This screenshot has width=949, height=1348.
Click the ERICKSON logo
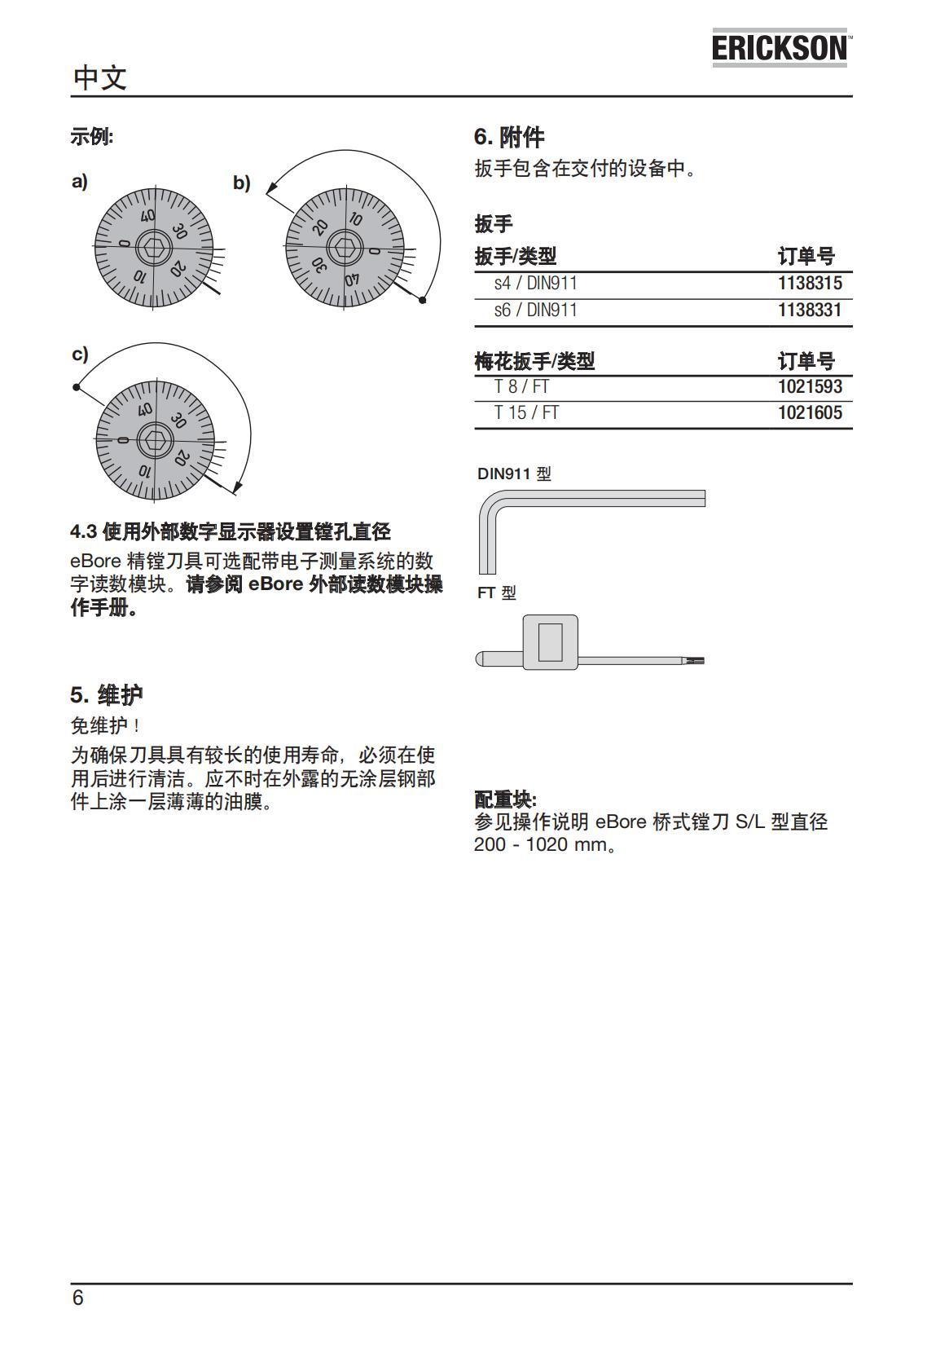(x=780, y=49)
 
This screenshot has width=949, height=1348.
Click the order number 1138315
(x=809, y=284)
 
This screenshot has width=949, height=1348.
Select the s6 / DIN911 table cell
(x=535, y=311)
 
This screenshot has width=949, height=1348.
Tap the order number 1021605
(x=809, y=413)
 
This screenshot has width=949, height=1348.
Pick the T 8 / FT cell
(x=521, y=386)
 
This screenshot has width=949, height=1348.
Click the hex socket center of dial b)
(x=345, y=249)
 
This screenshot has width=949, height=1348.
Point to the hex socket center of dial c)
(x=154, y=440)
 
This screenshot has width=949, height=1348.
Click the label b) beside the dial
(x=241, y=183)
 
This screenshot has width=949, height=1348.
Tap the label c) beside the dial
(x=80, y=355)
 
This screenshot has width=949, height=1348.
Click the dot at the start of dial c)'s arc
(x=77, y=387)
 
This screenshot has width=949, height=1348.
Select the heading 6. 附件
(x=509, y=136)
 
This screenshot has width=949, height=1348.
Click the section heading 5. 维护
(x=106, y=695)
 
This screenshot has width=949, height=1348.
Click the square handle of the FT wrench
(x=550, y=642)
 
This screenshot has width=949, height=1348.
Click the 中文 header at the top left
(x=99, y=78)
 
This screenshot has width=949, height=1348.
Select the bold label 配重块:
(x=505, y=800)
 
